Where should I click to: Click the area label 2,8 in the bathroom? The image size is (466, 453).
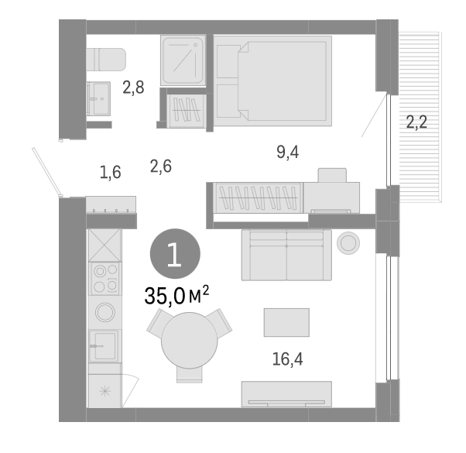click(x=133, y=88)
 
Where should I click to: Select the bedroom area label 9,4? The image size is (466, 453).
click(x=287, y=152)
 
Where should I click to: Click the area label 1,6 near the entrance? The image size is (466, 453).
click(x=110, y=172)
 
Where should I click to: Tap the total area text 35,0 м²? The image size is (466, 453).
click(x=177, y=296)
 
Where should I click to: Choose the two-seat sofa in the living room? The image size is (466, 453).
click(x=286, y=255)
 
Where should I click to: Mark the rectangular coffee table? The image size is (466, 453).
click(x=286, y=322)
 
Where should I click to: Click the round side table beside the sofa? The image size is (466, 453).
click(x=348, y=244)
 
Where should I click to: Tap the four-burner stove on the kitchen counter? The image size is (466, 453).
click(x=105, y=280)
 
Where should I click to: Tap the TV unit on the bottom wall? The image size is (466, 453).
click(x=286, y=393)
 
